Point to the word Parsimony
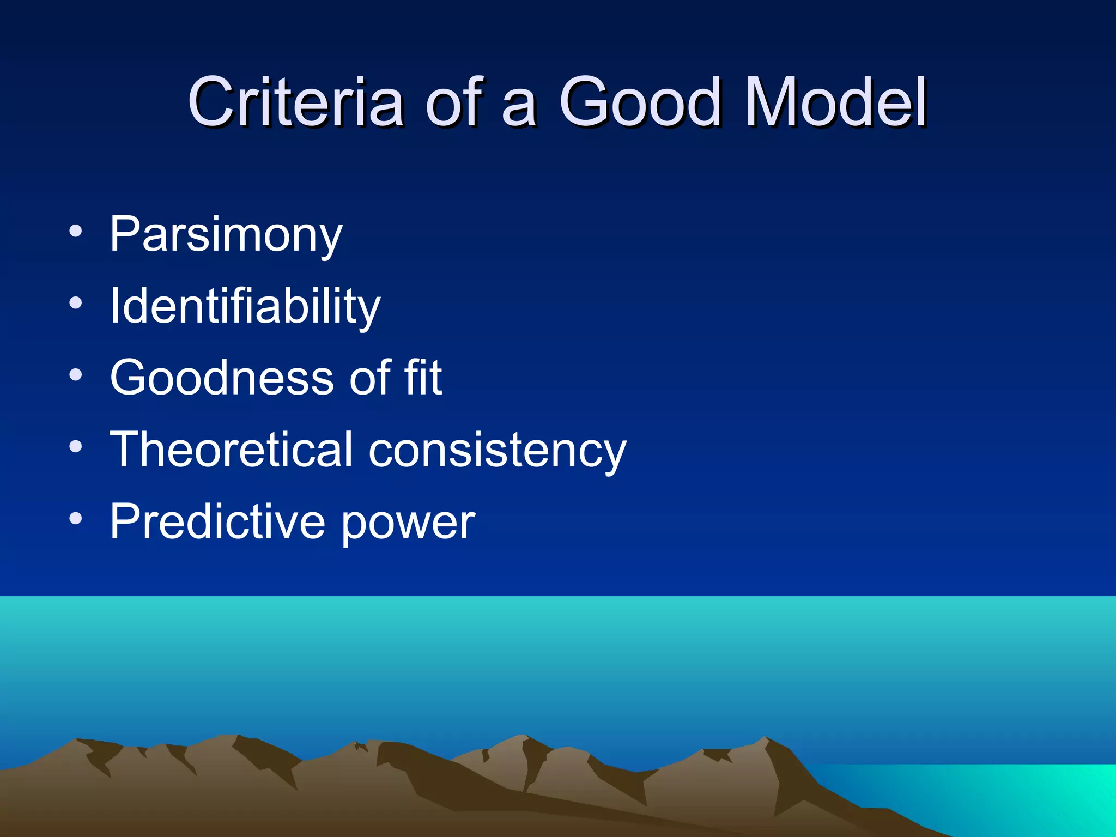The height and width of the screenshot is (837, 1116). pyautogui.click(x=226, y=234)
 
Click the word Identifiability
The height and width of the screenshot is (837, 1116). pyautogui.click(x=245, y=306)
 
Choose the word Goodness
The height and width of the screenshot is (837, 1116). pyautogui.click(x=222, y=378)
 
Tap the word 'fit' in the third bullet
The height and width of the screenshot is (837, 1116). pyautogui.click(x=422, y=378)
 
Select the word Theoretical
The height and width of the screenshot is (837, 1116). pyautogui.click(x=232, y=450)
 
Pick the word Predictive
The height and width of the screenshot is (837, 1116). pyautogui.click(x=217, y=521)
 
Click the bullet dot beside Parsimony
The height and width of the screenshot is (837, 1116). pyautogui.click(x=76, y=231)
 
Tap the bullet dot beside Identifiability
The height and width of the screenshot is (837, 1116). pyautogui.click(x=76, y=303)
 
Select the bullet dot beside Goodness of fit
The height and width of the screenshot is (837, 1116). pyautogui.click(x=76, y=375)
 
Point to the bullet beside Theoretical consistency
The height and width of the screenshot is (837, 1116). pyautogui.click(x=76, y=447)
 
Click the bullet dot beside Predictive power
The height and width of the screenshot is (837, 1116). pyautogui.click(x=76, y=519)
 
